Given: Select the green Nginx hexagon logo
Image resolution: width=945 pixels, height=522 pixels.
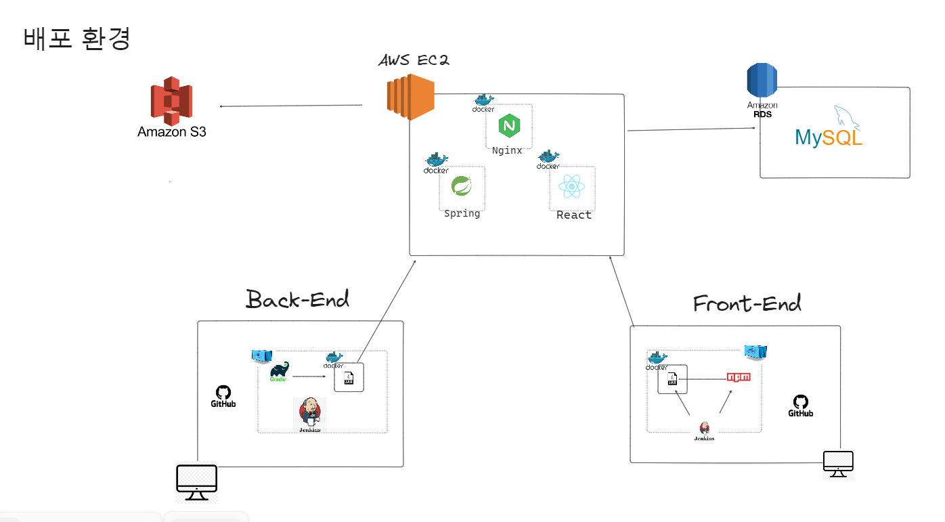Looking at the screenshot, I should pyautogui.click(x=508, y=126).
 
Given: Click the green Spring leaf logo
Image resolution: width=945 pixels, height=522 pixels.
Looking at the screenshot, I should pyautogui.click(x=462, y=186).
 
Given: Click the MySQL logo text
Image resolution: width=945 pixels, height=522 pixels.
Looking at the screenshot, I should pyautogui.click(x=829, y=137).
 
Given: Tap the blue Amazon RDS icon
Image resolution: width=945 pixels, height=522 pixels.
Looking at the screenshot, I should pyautogui.click(x=762, y=81).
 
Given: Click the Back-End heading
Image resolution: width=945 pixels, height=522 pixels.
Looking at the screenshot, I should pyautogui.click(x=297, y=299).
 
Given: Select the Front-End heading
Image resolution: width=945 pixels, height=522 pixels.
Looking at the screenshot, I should pyautogui.click(x=747, y=303).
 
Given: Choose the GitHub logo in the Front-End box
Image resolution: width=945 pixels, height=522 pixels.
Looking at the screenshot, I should pyautogui.click(x=800, y=406).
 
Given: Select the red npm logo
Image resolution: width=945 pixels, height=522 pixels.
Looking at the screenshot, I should pyautogui.click(x=738, y=376).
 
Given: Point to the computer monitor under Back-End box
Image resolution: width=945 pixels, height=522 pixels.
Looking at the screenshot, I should pyautogui.click(x=196, y=483).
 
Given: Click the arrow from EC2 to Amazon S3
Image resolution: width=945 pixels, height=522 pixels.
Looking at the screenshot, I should pyautogui.click(x=290, y=106).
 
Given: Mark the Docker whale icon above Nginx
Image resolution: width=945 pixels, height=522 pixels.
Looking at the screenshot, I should pyautogui.click(x=483, y=103).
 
